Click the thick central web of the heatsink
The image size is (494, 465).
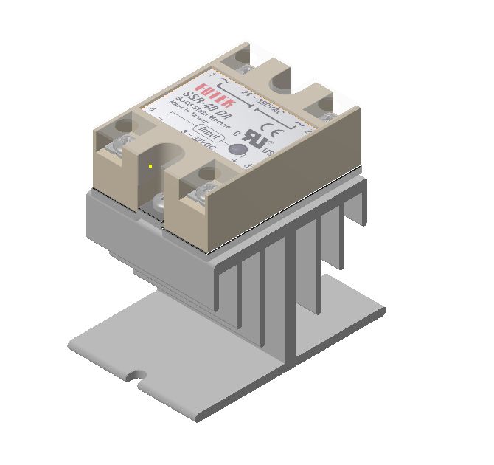(x=293, y=295)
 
